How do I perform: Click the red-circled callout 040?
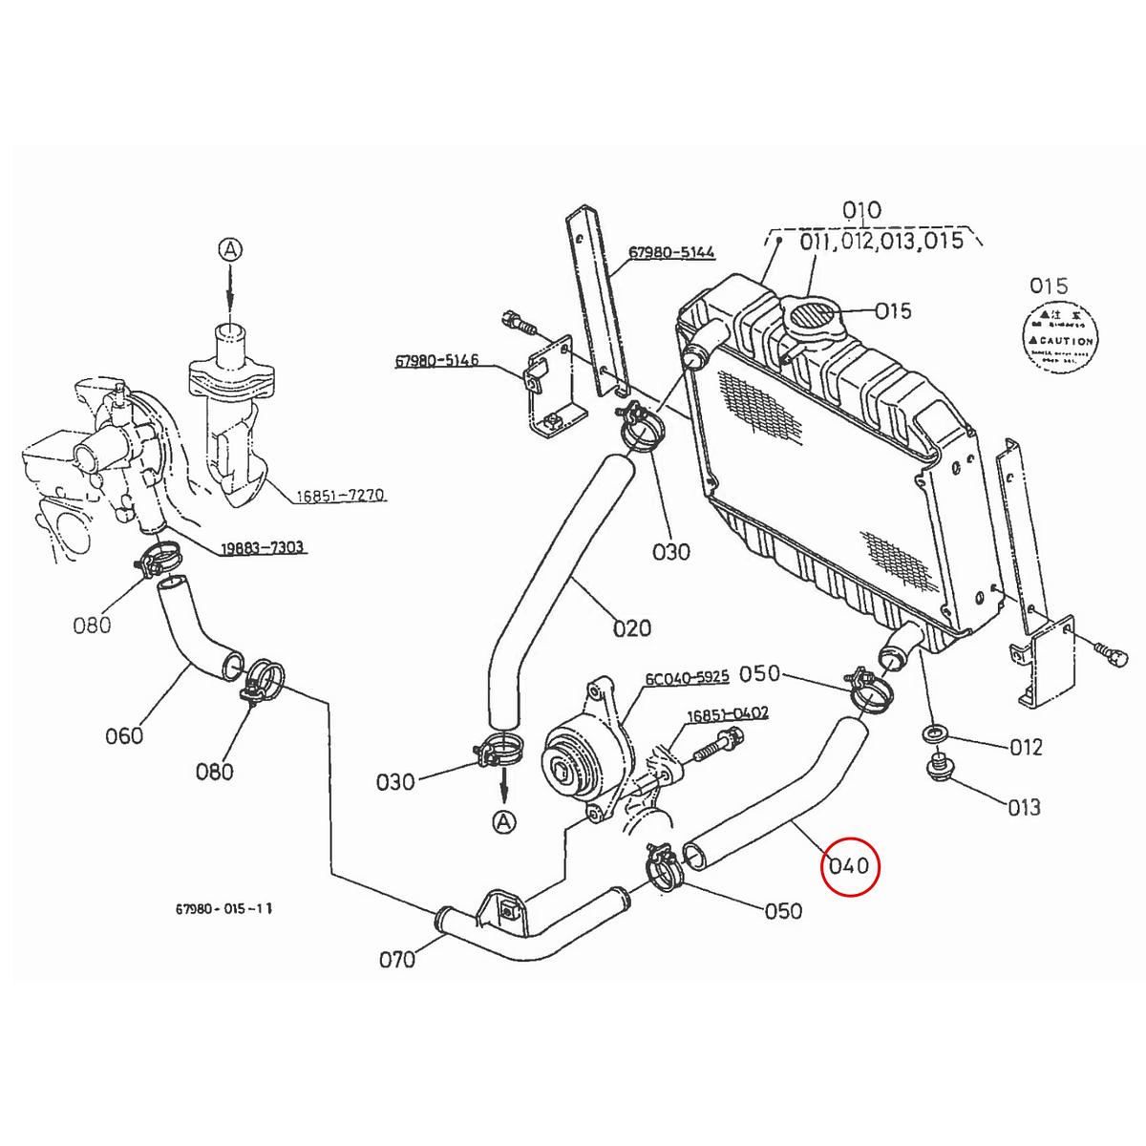(849, 866)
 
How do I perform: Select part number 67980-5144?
(671, 253)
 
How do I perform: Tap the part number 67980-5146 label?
(436, 361)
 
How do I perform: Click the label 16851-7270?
(340, 496)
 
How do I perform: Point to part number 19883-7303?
(262, 547)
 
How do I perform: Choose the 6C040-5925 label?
(687, 677)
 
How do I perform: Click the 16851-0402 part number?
(728, 712)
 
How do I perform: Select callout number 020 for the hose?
(631, 627)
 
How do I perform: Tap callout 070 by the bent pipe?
(397, 958)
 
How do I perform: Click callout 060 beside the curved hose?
(124, 734)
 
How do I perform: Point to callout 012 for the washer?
(1026, 747)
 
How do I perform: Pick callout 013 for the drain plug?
(1024, 807)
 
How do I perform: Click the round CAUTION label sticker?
(1059, 339)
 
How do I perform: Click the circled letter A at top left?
(230, 250)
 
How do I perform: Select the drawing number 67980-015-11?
(224, 909)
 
